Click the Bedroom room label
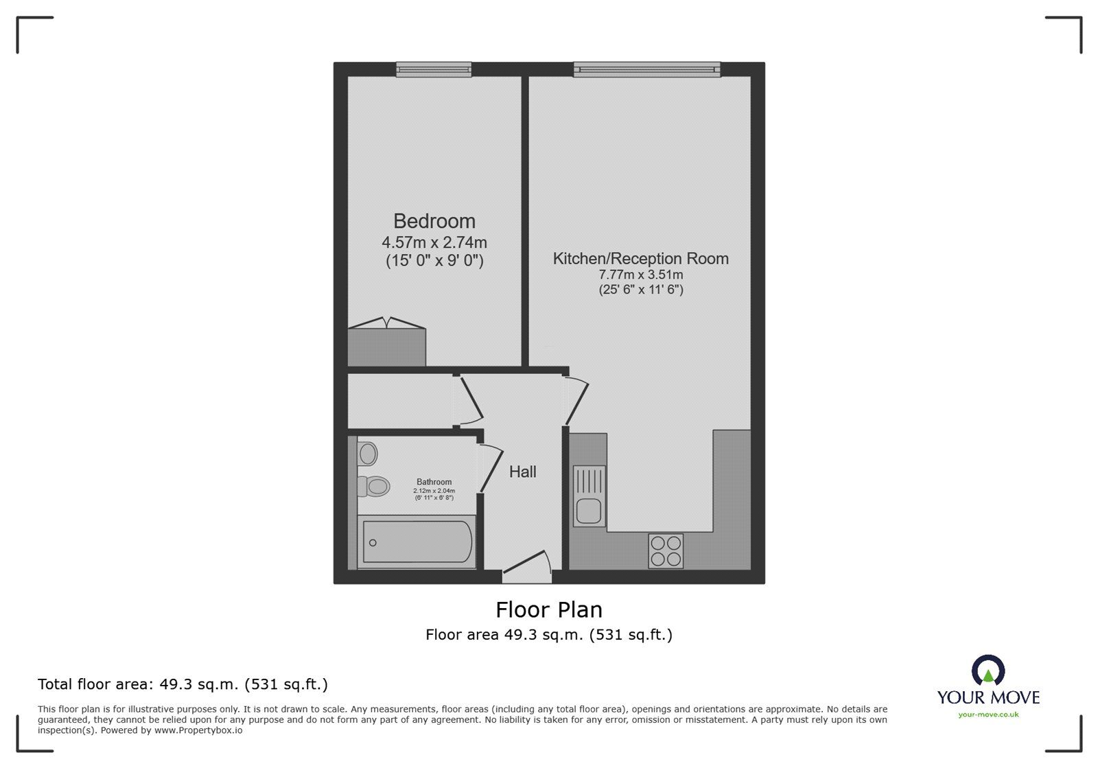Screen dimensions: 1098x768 [x=434, y=221]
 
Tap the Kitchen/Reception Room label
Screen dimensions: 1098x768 [x=641, y=258]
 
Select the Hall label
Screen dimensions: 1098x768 [x=522, y=472]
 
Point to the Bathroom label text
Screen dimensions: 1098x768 [x=434, y=482]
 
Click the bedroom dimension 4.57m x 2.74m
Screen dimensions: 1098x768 [x=434, y=242]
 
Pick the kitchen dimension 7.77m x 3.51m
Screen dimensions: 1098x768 [x=641, y=275]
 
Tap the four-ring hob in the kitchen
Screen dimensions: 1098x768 [x=666, y=551]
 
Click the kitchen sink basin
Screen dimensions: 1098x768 [x=589, y=511]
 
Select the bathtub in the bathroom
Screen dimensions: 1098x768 [x=417, y=542]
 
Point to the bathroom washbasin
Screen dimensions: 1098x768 [x=367, y=454]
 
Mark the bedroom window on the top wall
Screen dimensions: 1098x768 [x=434, y=69]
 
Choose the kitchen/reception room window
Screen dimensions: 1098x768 [x=647, y=69]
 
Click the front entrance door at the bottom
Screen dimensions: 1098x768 [x=528, y=562]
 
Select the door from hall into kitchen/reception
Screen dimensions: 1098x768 [x=576, y=400]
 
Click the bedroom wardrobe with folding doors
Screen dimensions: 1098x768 [x=387, y=342]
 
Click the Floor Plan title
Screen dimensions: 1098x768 [x=549, y=609]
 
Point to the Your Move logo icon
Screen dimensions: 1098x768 [x=988, y=670]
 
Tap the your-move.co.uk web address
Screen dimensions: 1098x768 [x=988, y=714]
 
